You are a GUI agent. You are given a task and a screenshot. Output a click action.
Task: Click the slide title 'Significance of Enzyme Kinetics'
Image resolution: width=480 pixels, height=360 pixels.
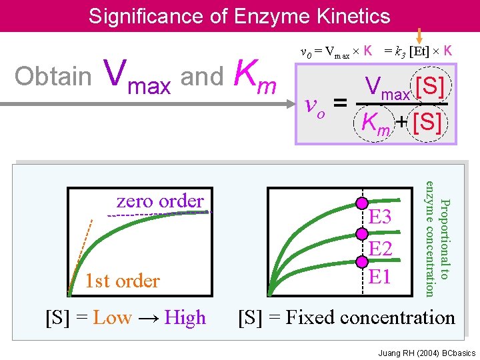[x=239, y=15]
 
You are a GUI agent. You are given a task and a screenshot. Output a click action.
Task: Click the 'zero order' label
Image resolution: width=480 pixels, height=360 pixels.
[x=160, y=201]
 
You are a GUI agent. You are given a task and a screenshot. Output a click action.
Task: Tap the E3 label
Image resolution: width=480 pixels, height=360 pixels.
[x=380, y=217]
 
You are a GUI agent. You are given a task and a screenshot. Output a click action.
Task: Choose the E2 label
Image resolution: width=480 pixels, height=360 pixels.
[x=380, y=249]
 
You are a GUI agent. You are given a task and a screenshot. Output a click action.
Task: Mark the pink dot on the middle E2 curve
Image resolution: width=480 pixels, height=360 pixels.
[x=362, y=234]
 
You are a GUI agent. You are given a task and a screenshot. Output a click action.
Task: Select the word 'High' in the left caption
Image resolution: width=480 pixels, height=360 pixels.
[x=185, y=318]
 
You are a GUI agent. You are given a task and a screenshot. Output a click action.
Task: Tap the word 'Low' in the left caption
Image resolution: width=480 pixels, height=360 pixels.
[x=112, y=318]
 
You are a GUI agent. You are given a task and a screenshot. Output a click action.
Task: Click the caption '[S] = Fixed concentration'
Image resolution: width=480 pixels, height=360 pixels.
[x=347, y=317]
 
